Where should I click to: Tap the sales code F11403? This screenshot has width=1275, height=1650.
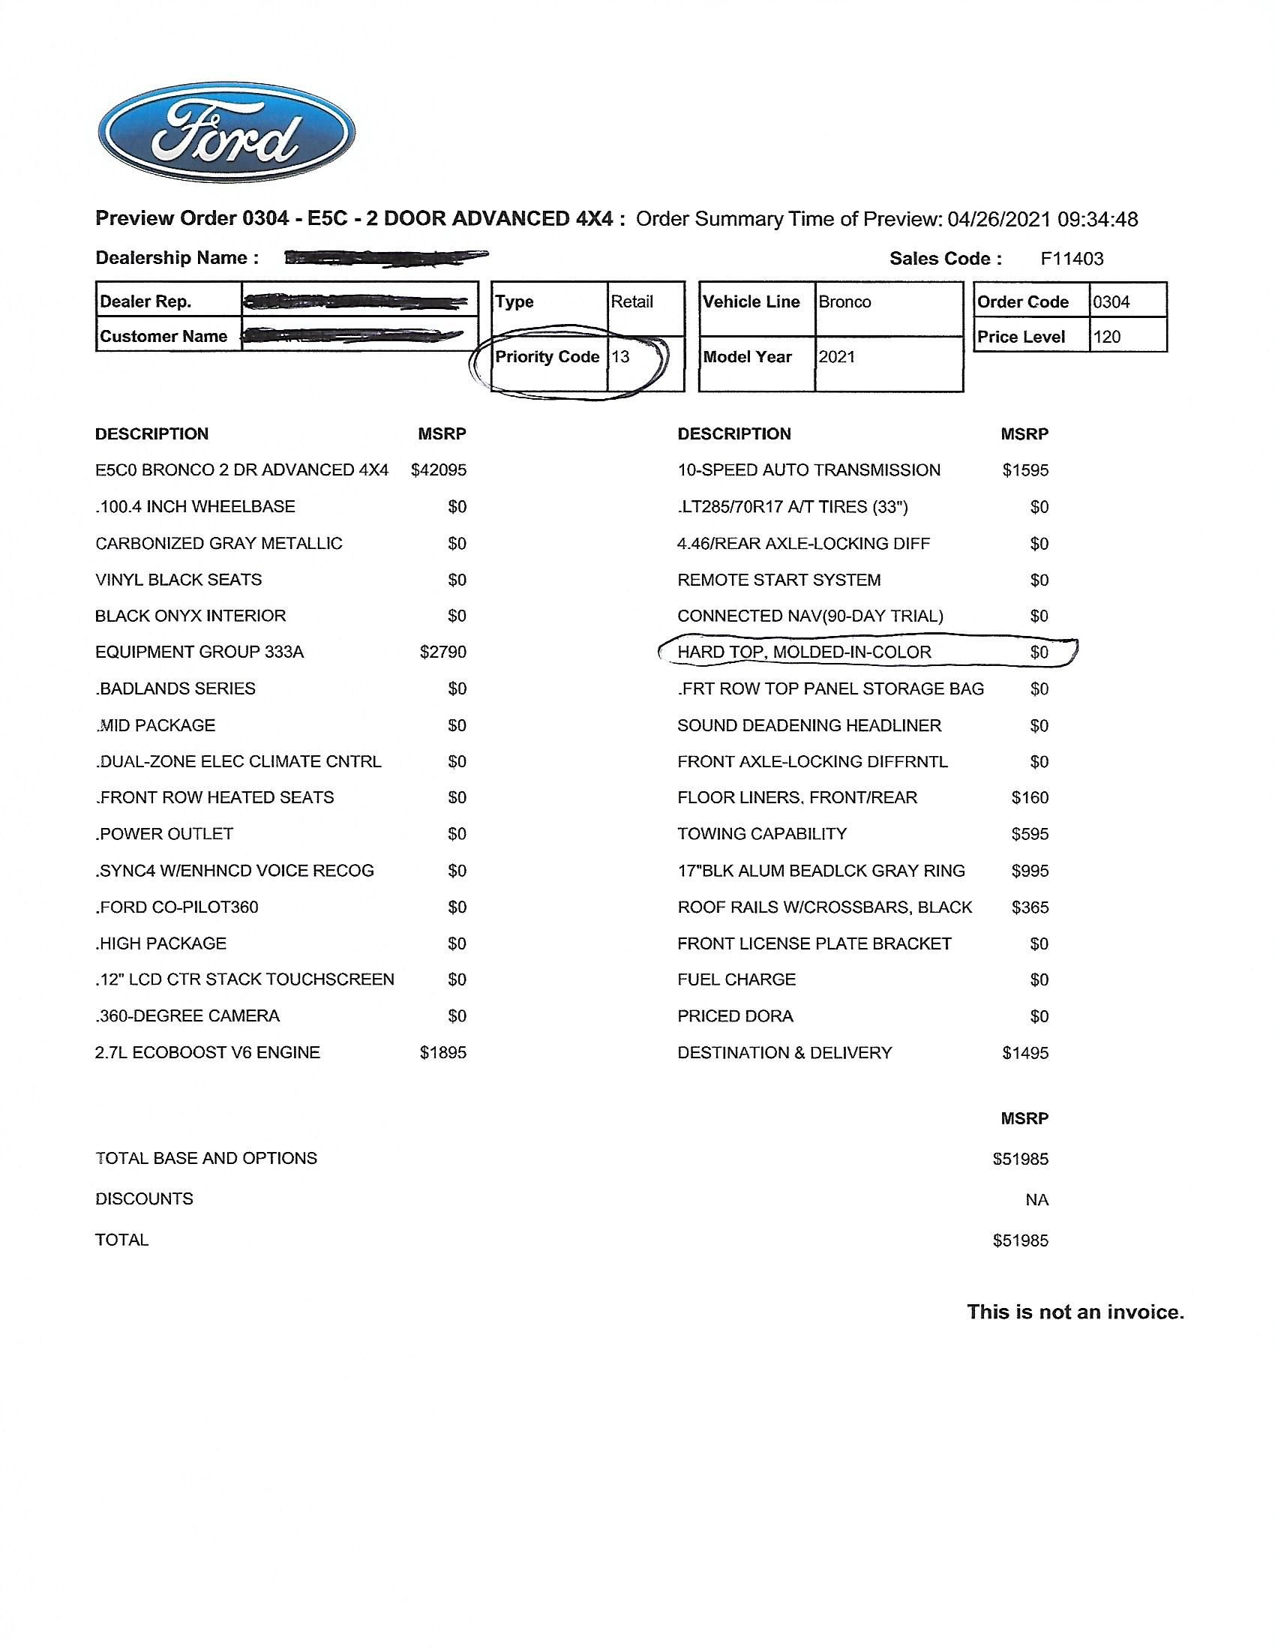1071,259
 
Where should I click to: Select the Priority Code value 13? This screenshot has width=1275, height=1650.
620,357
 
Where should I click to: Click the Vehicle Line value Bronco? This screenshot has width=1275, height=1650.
844,302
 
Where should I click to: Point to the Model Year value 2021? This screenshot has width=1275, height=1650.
836,357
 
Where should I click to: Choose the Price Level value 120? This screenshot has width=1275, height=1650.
1106,337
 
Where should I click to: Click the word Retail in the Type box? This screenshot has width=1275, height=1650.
631,302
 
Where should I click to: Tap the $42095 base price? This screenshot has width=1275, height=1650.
438,471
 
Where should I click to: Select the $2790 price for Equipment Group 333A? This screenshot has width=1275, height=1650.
442,652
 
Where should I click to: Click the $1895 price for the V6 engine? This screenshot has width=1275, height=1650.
442,1052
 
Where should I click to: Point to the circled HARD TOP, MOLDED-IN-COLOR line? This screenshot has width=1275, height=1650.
804,652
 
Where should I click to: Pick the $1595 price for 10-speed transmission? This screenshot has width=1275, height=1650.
1025,471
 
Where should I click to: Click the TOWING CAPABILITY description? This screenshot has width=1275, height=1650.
761,834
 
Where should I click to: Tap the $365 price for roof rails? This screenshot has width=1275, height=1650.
1030,907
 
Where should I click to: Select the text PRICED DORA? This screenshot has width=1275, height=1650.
735,1016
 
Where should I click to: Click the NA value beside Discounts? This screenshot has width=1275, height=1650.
1036,1200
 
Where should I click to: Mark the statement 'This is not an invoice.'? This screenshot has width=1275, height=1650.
1075,1312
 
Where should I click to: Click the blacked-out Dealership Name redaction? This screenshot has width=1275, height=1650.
386,259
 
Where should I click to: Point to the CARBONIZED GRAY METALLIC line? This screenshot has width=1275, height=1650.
218,544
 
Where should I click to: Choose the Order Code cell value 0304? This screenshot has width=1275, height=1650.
1110,302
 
